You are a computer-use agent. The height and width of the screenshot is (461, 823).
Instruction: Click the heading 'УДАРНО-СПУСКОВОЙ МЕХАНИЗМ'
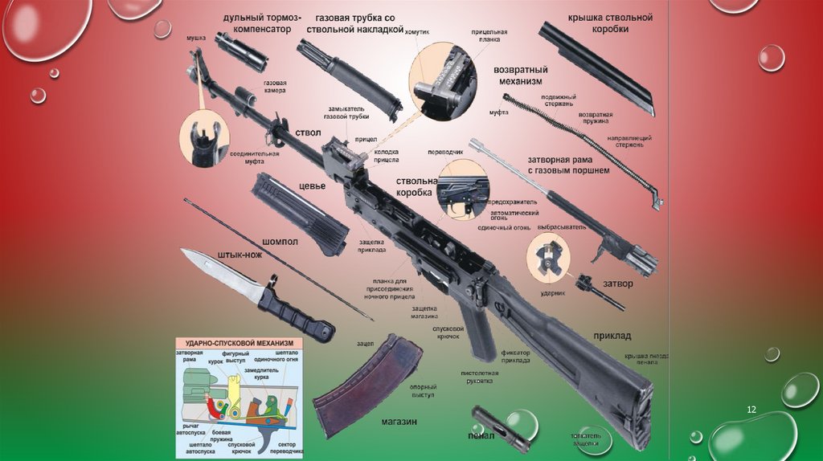click(236, 341)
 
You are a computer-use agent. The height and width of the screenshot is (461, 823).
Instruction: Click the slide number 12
click(752, 410)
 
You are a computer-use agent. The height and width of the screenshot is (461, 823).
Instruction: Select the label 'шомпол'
click(280, 242)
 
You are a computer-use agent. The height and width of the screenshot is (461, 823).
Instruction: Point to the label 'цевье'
click(312, 186)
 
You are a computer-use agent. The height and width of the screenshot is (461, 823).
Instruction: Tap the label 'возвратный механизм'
click(520, 75)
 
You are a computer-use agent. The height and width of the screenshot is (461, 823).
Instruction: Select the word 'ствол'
click(308, 133)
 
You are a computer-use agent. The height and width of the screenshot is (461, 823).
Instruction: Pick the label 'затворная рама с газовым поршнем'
click(567, 164)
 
